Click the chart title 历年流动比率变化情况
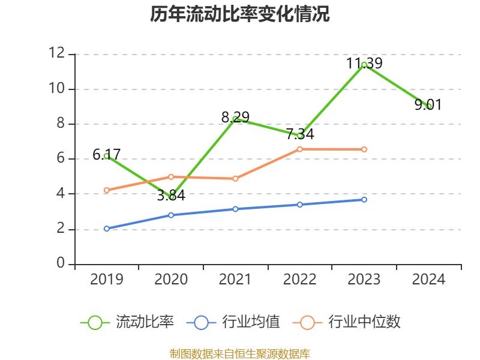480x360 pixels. [240, 14]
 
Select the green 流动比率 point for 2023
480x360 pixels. [364, 64]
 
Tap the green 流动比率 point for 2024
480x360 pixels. [429, 106]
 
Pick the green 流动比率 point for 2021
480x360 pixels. [235, 119]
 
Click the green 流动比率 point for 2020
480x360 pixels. [171, 197]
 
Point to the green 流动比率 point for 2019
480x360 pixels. [106, 156]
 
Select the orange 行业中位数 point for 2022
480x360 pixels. [300, 149]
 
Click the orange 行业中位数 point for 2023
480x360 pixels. [364, 149]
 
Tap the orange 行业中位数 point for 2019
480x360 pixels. [106, 190]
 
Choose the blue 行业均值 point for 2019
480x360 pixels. [106, 229]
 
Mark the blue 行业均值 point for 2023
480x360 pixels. [364, 199]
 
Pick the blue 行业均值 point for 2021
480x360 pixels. [235, 209]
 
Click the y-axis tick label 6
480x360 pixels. [61, 159]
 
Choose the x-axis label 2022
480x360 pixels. [300, 280]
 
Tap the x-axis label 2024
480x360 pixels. [429, 280]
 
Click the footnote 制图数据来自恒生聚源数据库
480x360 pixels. [240, 353]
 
